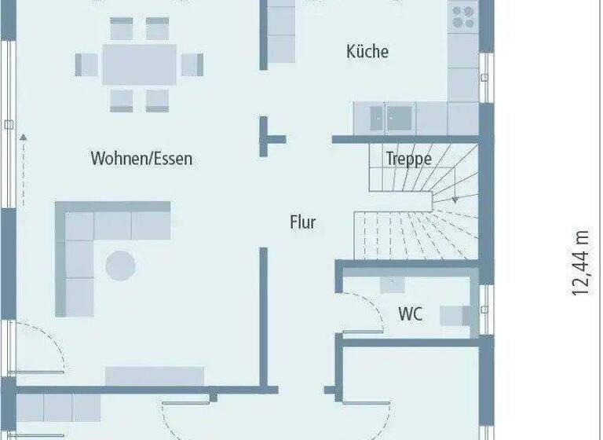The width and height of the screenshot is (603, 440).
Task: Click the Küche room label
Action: point(367,52)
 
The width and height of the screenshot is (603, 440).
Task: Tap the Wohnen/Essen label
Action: point(141,159)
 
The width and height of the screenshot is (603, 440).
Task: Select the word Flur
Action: point(302,222)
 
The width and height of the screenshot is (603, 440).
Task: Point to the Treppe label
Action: point(408,159)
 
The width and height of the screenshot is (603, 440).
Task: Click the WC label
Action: point(410,314)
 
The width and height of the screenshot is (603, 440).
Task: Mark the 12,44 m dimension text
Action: point(579,263)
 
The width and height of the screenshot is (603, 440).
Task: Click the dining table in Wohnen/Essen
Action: point(139,64)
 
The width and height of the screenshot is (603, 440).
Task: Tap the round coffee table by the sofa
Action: point(121,265)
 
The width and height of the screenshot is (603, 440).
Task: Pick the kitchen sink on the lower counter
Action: point(391,119)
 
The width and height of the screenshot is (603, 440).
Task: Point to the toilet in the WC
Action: point(457,315)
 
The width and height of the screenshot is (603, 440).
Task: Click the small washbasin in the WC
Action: point(391,284)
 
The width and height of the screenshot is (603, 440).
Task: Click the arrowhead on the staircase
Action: point(455,200)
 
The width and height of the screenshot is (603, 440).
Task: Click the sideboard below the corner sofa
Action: point(155,376)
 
